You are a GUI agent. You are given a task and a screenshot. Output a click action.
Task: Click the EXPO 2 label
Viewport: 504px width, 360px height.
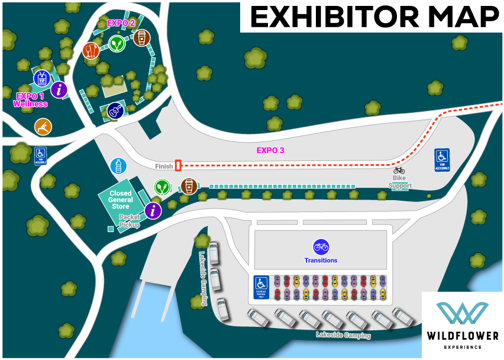tap(121, 23)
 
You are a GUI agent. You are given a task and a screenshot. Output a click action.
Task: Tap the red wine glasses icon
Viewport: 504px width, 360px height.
tap(91, 50)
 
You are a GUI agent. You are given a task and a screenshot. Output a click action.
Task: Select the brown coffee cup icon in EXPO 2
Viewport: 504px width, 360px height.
tap(141, 38)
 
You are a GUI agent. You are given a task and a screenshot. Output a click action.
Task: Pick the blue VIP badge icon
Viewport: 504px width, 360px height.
tap(41, 78)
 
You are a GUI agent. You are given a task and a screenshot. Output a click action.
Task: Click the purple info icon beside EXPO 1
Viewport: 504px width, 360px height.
tap(59, 90)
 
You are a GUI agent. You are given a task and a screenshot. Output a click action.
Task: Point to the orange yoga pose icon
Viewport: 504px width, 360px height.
tap(43, 126)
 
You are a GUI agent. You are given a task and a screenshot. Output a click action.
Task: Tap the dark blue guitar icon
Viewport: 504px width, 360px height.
tap(115, 111)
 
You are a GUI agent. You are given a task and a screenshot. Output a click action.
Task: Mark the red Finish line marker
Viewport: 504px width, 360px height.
tap(178, 166)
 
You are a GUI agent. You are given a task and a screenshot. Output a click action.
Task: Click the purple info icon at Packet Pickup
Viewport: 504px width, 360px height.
tap(153, 210)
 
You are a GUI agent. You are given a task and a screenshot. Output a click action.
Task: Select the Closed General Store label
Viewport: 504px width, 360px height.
tap(121, 200)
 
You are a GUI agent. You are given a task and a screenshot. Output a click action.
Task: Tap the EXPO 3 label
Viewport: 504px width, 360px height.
tap(270, 150)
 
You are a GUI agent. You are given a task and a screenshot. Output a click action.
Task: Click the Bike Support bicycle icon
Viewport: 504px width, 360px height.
tap(399, 171)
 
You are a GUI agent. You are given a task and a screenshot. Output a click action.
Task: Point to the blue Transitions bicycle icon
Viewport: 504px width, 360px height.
tap(321, 246)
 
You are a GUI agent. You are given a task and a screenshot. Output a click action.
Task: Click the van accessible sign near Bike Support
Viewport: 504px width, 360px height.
tap(442, 159)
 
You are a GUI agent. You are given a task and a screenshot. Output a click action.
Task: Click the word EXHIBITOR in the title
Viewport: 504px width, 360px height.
tap(328, 17)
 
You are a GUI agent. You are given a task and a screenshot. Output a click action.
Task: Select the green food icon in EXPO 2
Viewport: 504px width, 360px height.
tap(116, 43)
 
